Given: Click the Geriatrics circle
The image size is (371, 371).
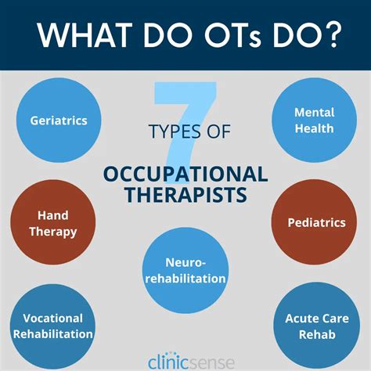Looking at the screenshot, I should click(x=58, y=121).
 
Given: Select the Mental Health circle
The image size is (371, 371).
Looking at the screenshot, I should click(x=313, y=121).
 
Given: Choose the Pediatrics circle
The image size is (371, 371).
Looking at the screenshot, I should click(x=317, y=223).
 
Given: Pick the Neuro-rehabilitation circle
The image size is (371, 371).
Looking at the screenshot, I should click(x=185, y=270).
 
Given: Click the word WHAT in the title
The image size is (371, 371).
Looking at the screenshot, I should click(x=77, y=35).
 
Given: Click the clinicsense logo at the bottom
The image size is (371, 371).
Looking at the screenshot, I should click(x=185, y=357).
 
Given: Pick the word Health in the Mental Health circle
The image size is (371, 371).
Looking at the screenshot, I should click(x=313, y=128).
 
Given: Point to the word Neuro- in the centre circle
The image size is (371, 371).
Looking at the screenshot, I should click(x=185, y=262).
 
